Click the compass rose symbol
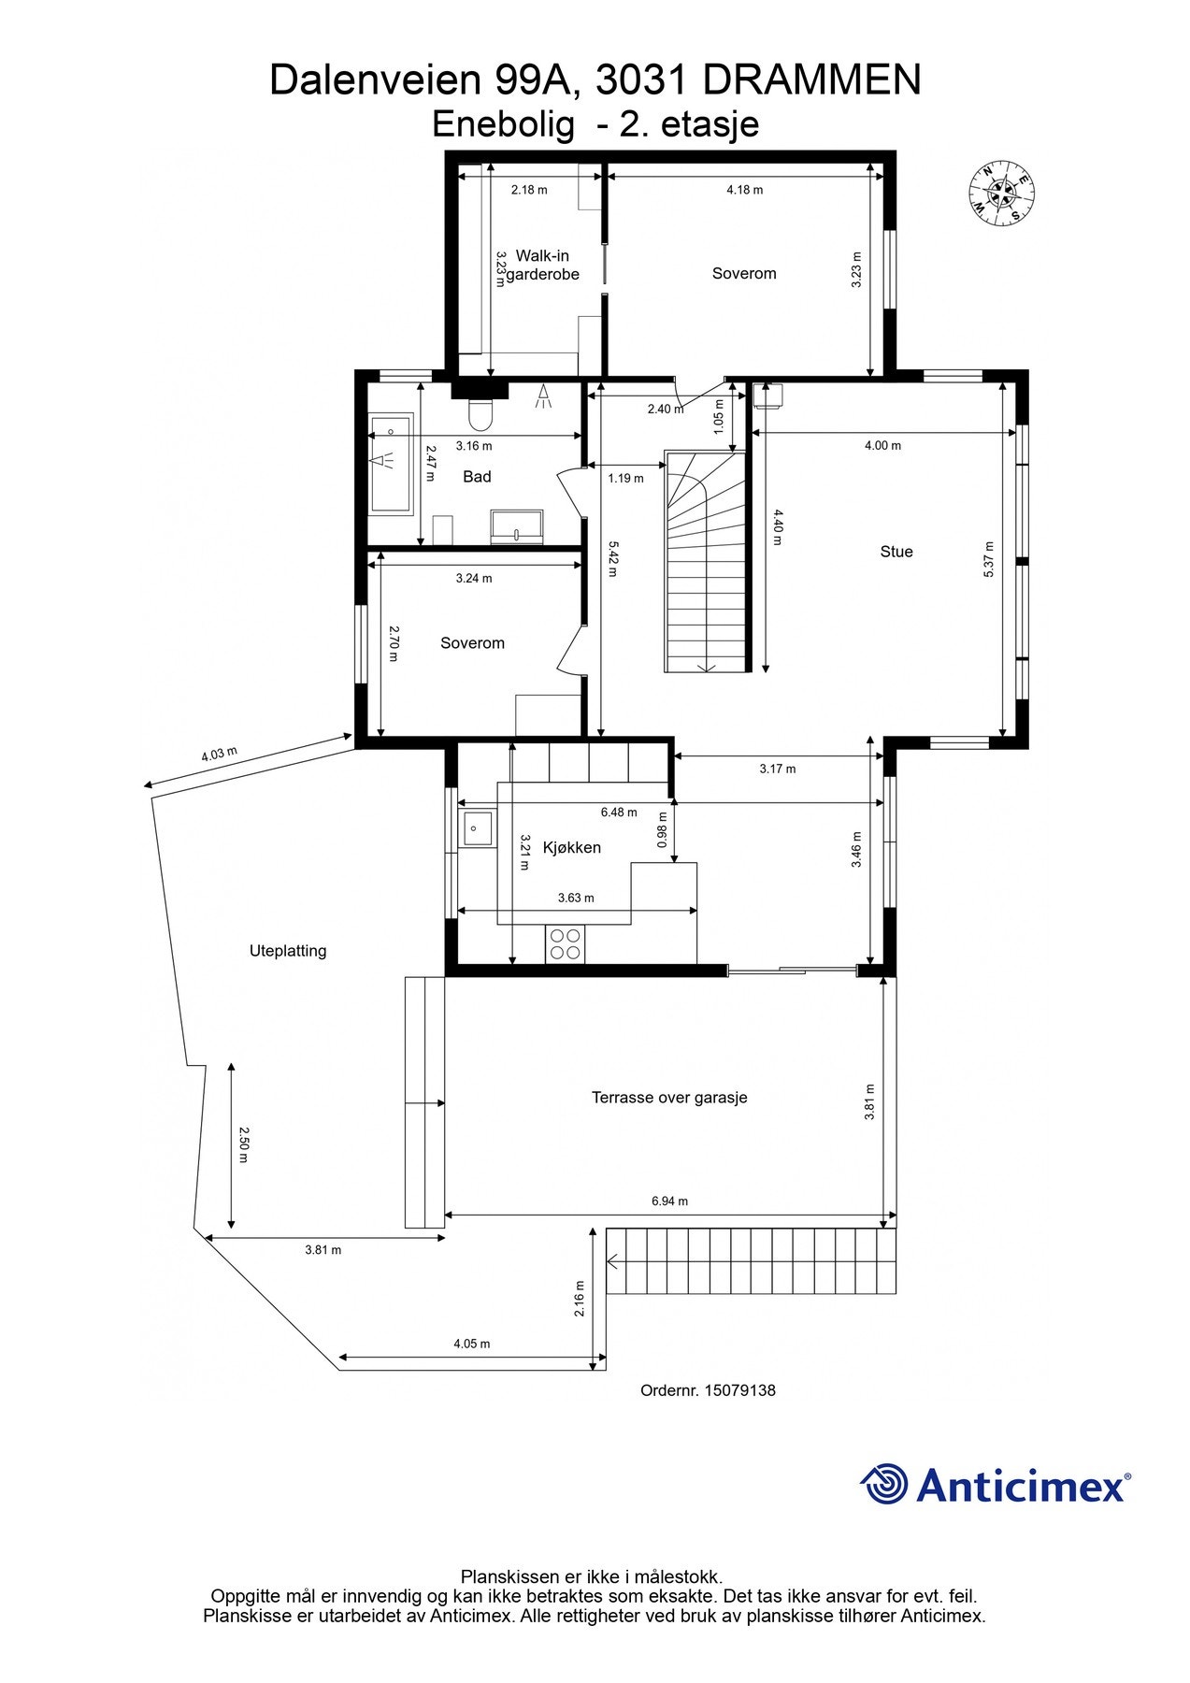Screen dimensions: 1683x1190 (x=1001, y=194)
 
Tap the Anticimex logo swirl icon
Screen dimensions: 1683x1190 (x=883, y=1485)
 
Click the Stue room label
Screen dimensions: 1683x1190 (x=896, y=552)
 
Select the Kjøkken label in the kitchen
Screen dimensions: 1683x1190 (x=571, y=848)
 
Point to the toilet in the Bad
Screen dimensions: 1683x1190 (x=480, y=414)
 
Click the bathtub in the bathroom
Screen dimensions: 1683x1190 (x=390, y=464)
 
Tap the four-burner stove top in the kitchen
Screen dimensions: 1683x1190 (x=565, y=943)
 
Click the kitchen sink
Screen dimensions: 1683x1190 (x=478, y=828)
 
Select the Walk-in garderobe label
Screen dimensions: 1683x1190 (x=542, y=265)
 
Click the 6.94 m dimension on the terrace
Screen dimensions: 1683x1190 (x=669, y=1201)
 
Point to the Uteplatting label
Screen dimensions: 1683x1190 (x=288, y=951)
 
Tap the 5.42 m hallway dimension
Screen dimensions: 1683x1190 (x=612, y=558)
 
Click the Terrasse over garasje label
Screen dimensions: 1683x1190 (x=669, y=1098)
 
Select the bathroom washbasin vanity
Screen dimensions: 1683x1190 (x=517, y=525)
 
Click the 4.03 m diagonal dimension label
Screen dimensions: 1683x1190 (x=220, y=755)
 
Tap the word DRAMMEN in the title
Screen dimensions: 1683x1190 (x=811, y=80)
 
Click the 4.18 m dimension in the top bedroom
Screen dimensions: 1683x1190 (x=744, y=190)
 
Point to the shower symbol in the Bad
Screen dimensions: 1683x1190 (x=543, y=398)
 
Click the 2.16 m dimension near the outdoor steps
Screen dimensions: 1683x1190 (x=580, y=1299)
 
